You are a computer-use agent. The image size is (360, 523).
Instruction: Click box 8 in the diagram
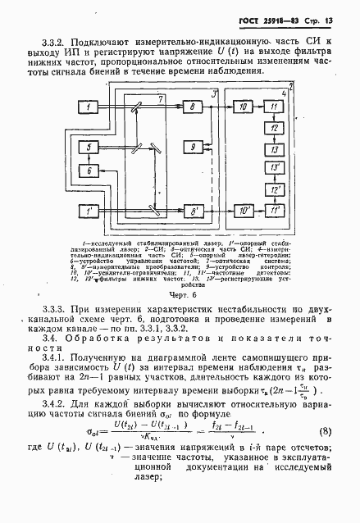(195, 107)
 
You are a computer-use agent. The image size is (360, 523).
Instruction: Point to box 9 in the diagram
(195, 147)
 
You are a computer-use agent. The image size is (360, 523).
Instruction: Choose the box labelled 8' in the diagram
(195, 212)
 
